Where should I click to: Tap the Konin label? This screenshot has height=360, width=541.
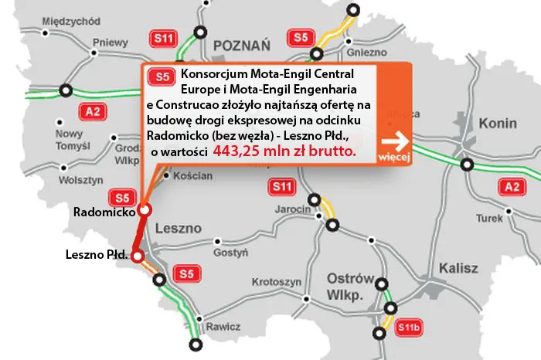point(498,123)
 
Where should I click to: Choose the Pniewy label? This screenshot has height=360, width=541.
point(109,43)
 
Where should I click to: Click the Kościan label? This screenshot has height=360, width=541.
point(194,176)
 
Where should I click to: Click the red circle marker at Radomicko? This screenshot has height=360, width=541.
point(144,210)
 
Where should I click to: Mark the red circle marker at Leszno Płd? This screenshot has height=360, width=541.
point(137,256)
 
